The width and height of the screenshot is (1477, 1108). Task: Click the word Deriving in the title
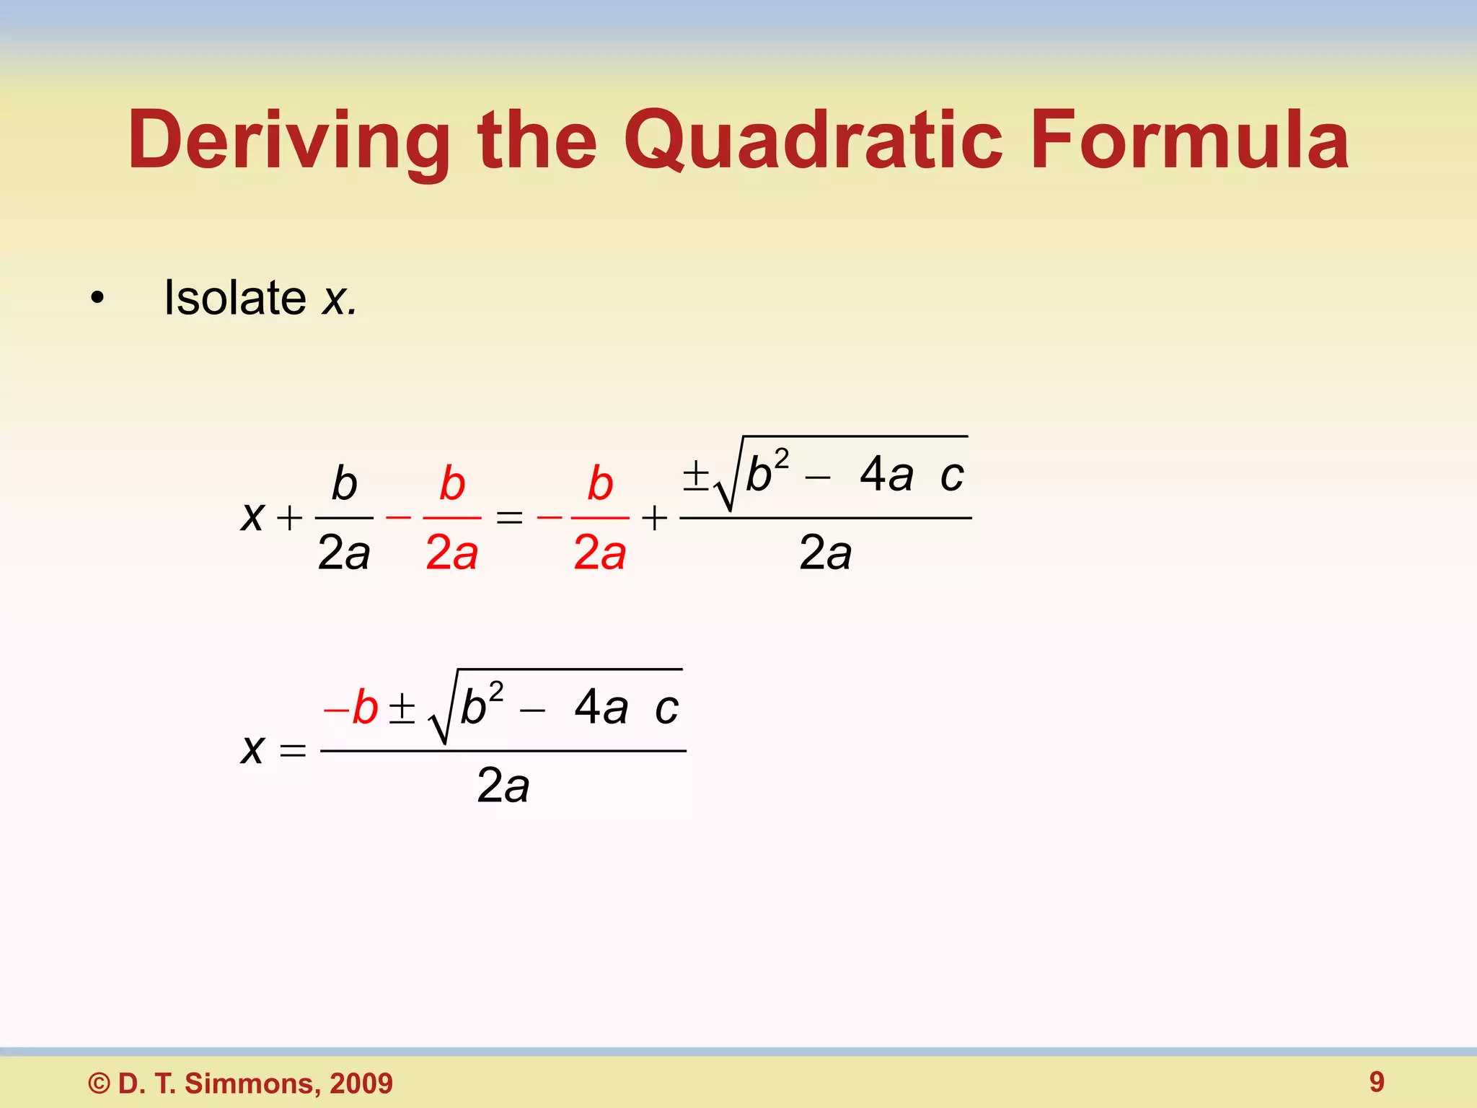[288, 141]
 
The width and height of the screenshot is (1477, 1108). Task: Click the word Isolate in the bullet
[235, 297]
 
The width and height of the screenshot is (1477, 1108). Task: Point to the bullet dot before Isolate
[97, 298]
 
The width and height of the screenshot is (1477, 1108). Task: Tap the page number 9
[1376, 1081]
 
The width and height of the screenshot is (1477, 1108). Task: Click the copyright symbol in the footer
[99, 1083]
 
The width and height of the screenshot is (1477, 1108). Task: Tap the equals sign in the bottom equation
[292, 751]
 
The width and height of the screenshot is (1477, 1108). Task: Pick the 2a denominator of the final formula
[503, 786]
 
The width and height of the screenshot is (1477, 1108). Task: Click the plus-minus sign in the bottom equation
[402, 708]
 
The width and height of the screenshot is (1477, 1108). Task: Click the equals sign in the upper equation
[509, 517]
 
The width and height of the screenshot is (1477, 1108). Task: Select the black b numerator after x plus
[344, 483]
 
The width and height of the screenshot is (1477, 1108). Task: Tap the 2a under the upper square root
[825, 553]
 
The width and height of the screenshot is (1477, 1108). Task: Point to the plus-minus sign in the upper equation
[695, 475]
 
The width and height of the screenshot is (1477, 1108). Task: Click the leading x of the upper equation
[252, 516]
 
